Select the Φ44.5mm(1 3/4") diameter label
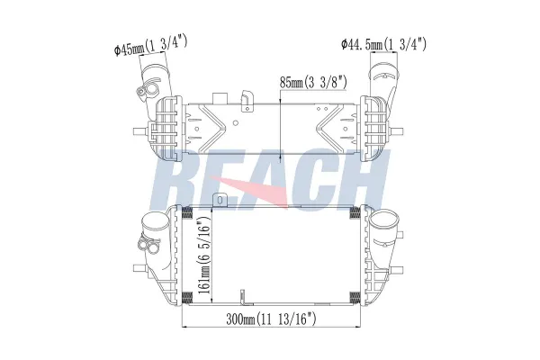383,42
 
